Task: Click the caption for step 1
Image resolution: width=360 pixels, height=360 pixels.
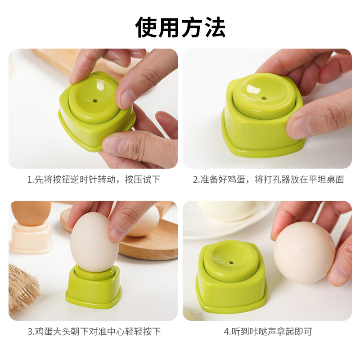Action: point(93,180)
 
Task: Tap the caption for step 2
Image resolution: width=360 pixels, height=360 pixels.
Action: point(268,180)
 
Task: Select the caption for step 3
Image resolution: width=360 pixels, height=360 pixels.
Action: point(93,332)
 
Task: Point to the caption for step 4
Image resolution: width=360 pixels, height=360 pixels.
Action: point(268,332)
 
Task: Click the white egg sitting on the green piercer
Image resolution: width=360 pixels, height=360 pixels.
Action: point(94,243)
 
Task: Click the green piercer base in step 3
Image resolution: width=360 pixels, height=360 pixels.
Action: point(94,288)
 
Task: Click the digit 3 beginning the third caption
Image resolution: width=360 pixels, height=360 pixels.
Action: point(29,332)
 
